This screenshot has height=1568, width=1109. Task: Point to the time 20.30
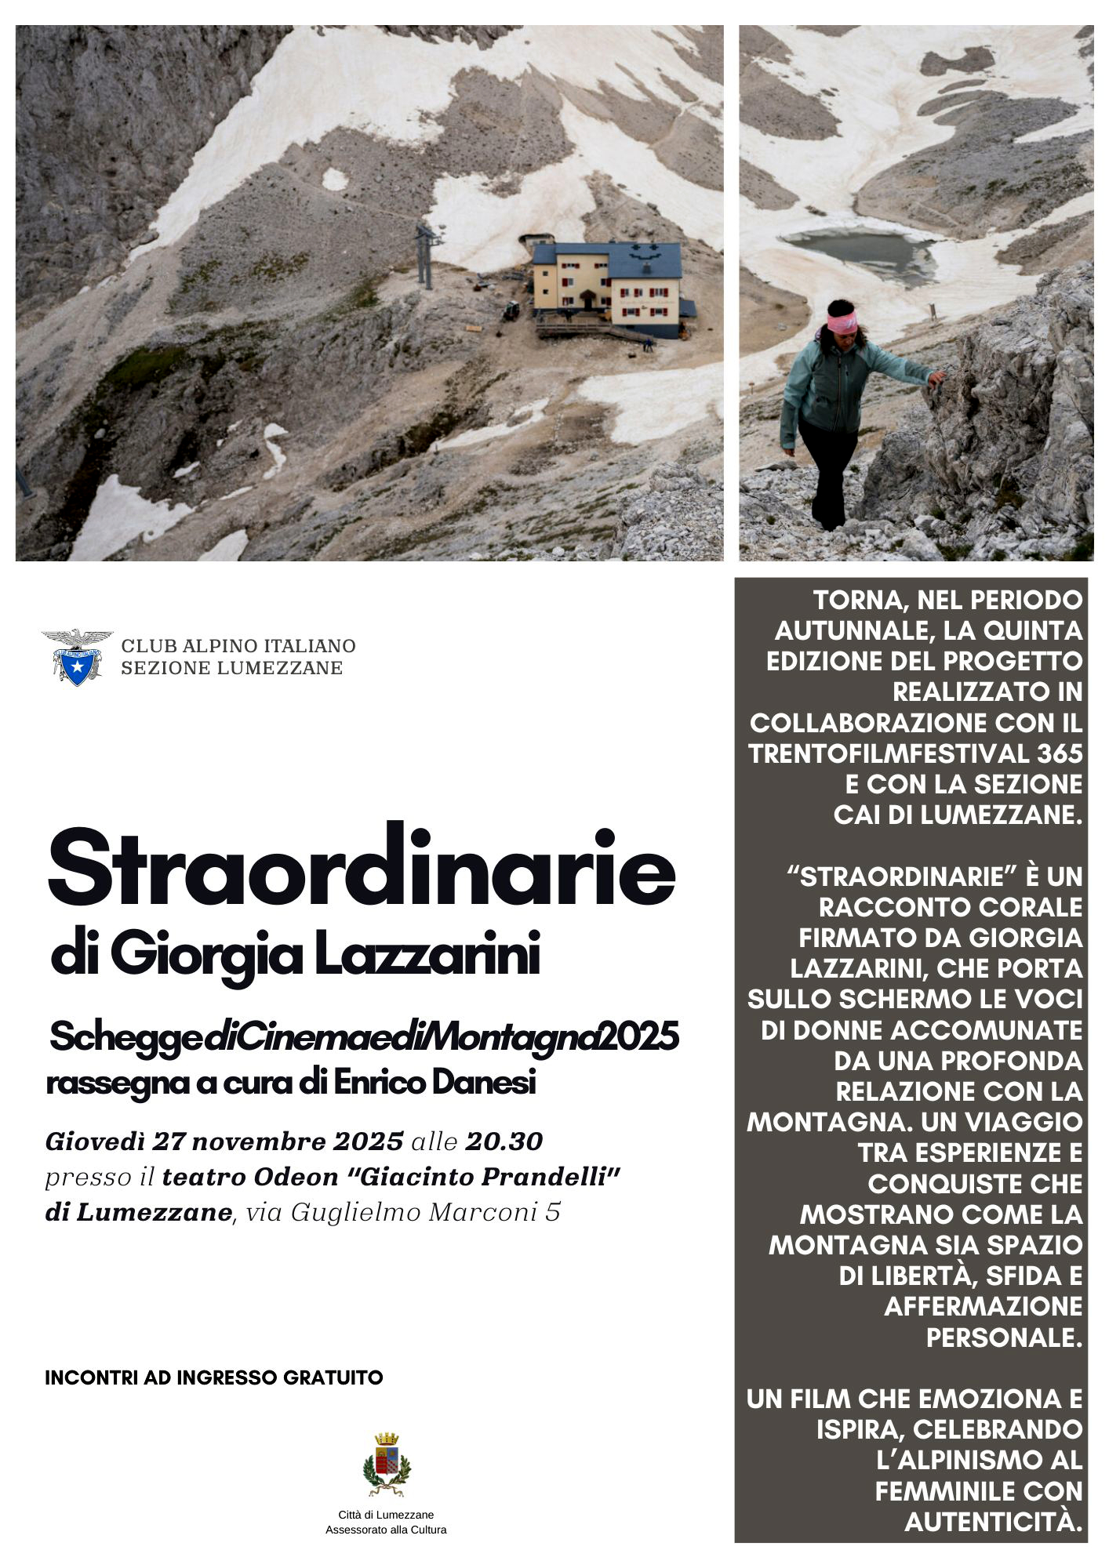[504, 1142]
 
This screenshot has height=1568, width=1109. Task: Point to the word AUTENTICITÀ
[994, 1522]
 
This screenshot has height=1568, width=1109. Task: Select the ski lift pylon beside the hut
[425, 255]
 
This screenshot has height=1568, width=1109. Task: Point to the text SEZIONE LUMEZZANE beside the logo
[231, 668]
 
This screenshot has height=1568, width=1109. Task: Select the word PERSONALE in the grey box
[1004, 1338]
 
